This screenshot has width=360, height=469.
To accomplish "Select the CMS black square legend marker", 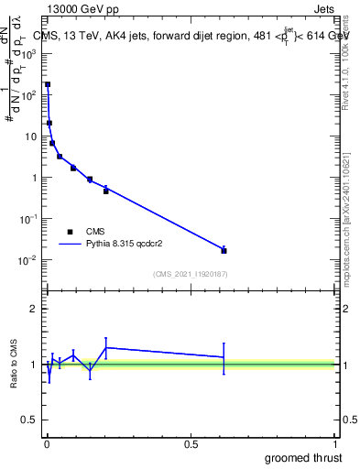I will tap(70, 232).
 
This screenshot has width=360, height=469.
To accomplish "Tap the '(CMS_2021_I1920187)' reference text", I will tap(190, 274).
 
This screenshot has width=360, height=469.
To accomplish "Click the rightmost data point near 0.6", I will tap(224, 250).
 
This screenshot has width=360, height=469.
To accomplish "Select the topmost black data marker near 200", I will tap(48, 84).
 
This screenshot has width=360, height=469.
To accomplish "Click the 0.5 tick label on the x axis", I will tap(191, 444).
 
